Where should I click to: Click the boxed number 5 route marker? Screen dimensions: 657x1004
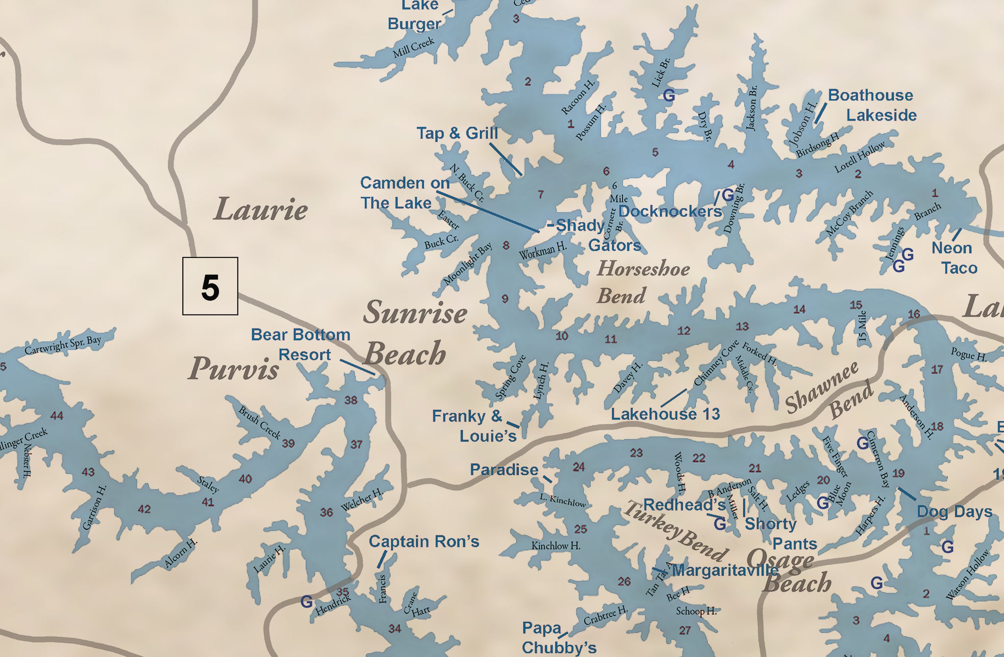(210, 286)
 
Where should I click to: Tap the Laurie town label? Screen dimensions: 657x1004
(261, 209)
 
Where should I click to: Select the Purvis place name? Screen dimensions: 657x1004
(234, 368)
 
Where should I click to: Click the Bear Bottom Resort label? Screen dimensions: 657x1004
(301, 345)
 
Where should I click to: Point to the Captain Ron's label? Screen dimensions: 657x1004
(424, 541)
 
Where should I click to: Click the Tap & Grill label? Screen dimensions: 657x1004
(457, 133)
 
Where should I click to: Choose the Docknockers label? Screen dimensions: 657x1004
(670, 211)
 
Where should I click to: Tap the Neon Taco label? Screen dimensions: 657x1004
(954, 258)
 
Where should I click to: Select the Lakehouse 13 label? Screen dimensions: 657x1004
(665, 414)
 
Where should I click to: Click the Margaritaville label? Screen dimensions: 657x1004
(725, 570)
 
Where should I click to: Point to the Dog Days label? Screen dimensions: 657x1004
(954, 511)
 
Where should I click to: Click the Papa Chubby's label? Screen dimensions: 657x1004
(559, 637)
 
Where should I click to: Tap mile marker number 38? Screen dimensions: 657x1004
(351, 400)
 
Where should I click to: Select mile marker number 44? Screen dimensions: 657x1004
(57, 416)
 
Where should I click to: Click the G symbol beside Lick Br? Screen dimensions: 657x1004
(669, 95)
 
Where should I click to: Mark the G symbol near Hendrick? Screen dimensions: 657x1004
(306, 601)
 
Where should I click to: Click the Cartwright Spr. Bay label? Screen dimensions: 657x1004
(63, 345)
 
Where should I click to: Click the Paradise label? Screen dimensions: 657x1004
(504, 470)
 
